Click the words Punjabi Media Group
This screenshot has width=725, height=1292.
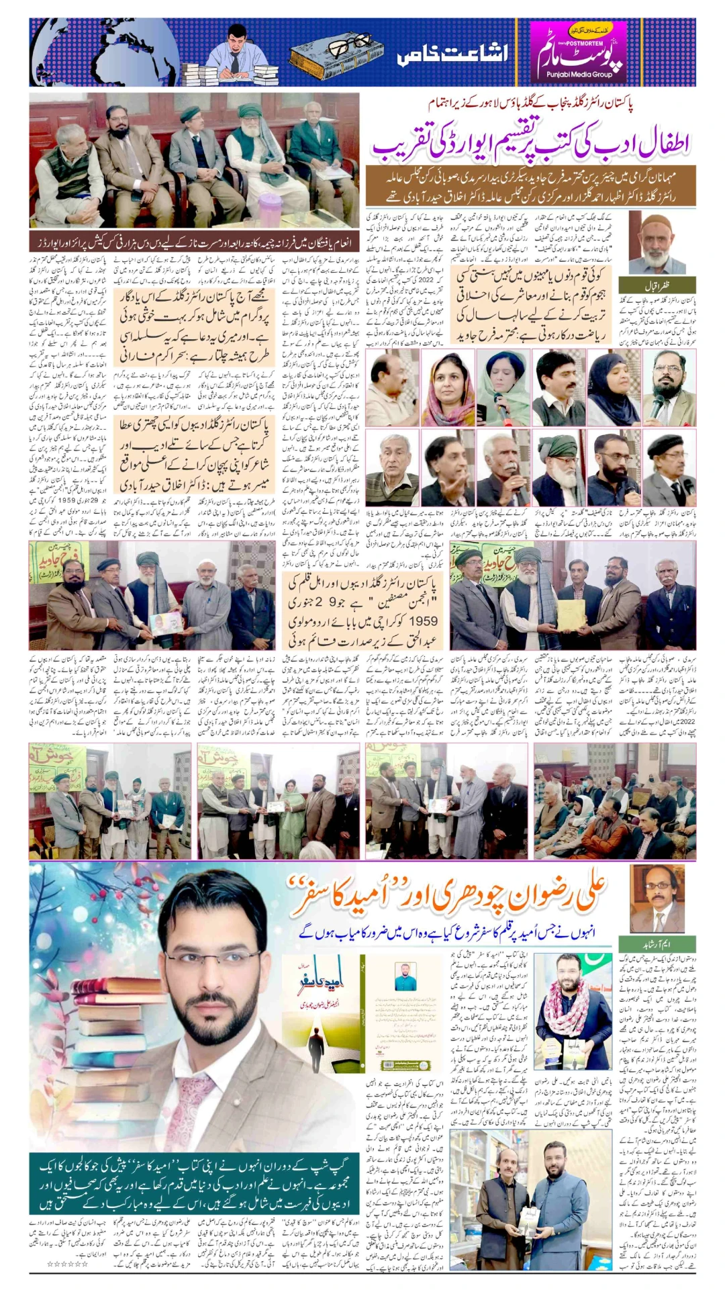[579, 75]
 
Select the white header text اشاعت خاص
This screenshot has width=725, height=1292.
[452, 54]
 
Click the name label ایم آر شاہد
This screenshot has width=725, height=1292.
[657, 943]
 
